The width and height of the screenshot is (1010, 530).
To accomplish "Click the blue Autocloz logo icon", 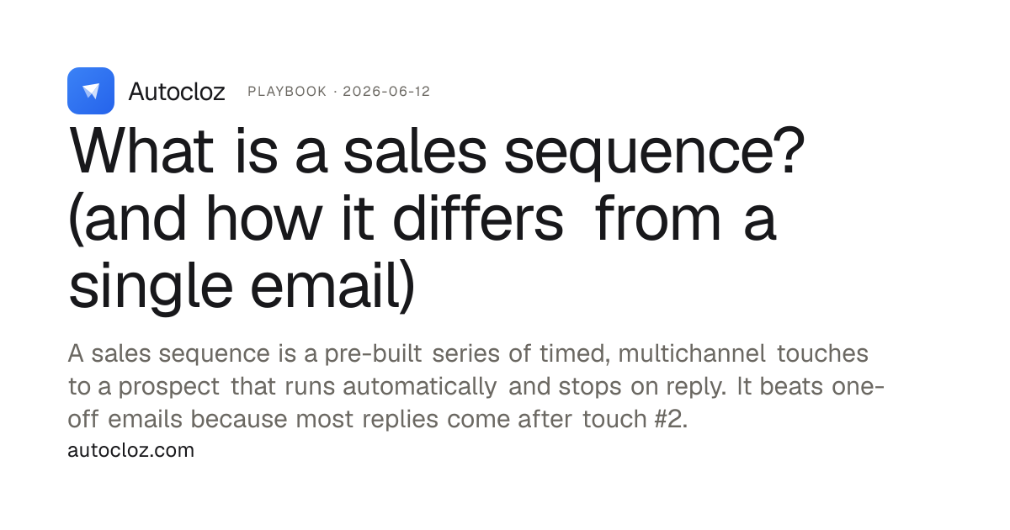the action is pos(91,91).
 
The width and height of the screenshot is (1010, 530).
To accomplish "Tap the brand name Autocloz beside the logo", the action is pos(177,92).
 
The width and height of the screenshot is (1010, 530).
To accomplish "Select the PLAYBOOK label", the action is pos(287,92).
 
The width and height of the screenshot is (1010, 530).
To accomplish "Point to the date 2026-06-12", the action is pos(386,92).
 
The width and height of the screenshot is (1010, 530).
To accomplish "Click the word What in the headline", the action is pos(141,151).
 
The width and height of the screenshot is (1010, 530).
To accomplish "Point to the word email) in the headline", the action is pos(332,287).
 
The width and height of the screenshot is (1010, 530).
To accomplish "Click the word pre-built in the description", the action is pos(374,354).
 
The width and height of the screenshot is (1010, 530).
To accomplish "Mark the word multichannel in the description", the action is pos(692,352).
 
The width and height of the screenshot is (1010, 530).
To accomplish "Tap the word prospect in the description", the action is pos(169,387).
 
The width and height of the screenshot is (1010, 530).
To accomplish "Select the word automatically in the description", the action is pos(420,387).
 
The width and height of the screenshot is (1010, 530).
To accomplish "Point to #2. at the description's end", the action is pos(672,419).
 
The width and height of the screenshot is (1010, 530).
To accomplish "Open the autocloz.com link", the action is pos(130,450).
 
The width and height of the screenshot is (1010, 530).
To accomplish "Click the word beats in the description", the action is pos(791,386).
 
